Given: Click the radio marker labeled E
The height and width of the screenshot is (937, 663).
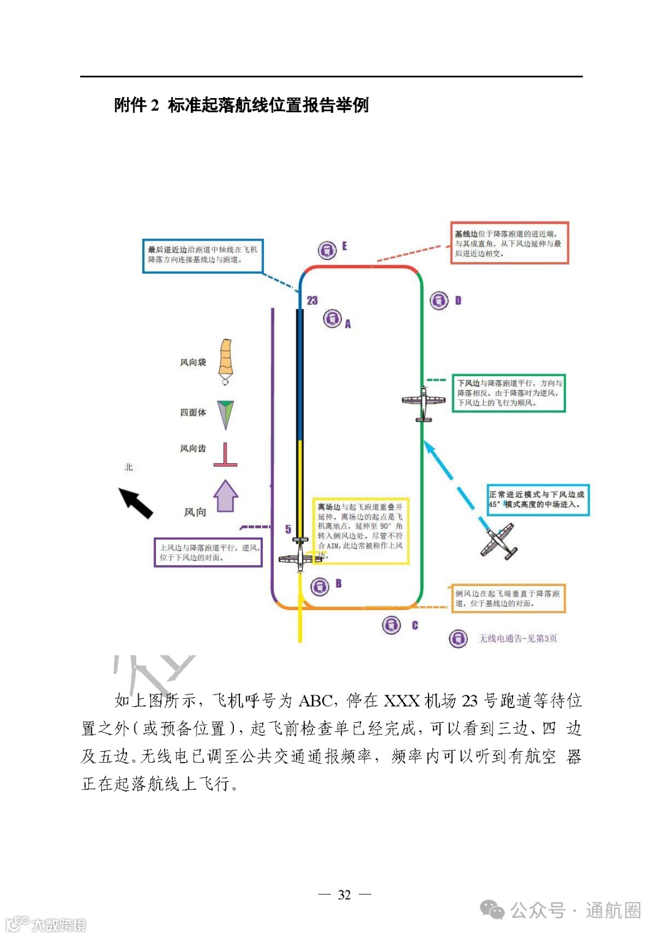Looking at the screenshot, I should pyautogui.click(x=327, y=250).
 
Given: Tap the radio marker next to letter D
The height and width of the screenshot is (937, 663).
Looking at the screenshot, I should pyautogui.click(x=439, y=301).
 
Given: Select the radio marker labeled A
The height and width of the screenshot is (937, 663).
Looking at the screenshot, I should pyautogui.click(x=332, y=318).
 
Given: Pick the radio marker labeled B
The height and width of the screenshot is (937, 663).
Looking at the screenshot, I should pyautogui.click(x=319, y=587).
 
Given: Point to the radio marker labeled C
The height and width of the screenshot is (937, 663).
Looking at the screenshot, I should pyautogui.click(x=391, y=625).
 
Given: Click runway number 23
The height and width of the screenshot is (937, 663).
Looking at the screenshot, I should pyautogui.click(x=312, y=301).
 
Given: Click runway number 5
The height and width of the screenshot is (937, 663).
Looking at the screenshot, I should pyautogui.click(x=288, y=529).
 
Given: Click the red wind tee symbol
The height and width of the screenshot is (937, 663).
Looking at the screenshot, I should pyautogui.click(x=225, y=455).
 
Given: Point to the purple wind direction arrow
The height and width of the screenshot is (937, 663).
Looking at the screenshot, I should pyautogui.click(x=225, y=496).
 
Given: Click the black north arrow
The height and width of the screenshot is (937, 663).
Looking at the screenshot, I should pyautogui.click(x=136, y=503).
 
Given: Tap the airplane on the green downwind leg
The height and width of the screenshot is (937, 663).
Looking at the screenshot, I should pyautogui.click(x=424, y=402).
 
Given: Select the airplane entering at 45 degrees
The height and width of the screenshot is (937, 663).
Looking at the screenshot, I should pyautogui.click(x=498, y=541).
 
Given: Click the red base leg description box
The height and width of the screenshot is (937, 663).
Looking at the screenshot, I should pyautogui.click(x=510, y=243).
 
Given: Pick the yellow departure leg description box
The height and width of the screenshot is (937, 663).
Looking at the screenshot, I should pyautogui.click(x=360, y=531).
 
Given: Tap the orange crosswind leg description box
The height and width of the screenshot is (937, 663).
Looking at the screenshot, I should pyautogui.click(x=508, y=598).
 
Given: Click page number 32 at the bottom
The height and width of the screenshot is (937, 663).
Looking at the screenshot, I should pyautogui.click(x=344, y=895).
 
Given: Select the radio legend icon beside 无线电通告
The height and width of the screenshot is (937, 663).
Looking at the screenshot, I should pyautogui.click(x=458, y=639).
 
